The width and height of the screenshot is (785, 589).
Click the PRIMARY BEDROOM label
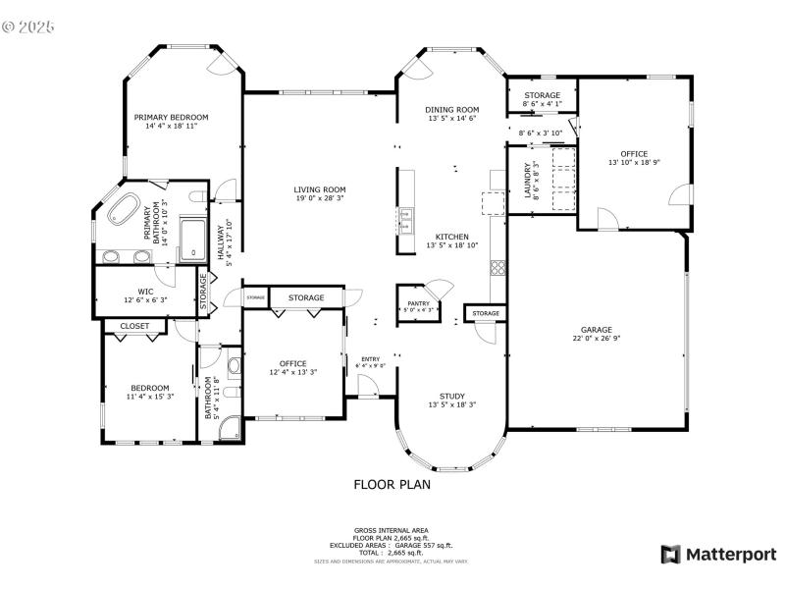tap(171, 117)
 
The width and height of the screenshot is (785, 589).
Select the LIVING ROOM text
tap(320, 189)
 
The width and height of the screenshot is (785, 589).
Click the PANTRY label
tap(418, 303)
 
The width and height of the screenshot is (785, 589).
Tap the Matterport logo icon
tap(671, 555)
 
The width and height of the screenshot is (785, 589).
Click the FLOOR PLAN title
tap(392, 484)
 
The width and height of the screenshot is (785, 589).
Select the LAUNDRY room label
tap(527, 180)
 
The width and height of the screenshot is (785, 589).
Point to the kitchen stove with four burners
tap(497, 266)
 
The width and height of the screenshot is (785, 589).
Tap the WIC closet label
tap(145, 291)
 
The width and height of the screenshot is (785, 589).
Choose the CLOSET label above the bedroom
tap(134, 326)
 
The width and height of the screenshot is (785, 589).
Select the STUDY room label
tap(451, 396)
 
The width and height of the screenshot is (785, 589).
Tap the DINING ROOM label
tap(451, 109)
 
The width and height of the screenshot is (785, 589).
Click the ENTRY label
tap(370, 358)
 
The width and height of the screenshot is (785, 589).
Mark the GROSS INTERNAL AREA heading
tap(391, 530)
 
